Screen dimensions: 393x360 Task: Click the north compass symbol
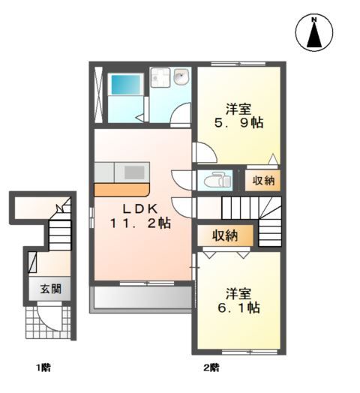pyautogui.click(x=315, y=33)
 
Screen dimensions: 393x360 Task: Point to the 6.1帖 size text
pyautogui.click(x=239, y=307)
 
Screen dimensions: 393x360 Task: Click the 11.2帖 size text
pyautogui.click(x=141, y=223)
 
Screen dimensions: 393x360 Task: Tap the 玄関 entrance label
pyautogui.click(x=51, y=289)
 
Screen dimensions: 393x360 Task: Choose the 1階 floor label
pyautogui.click(x=42, y=367)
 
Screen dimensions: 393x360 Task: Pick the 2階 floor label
pyautogui.click(x=212, y=367)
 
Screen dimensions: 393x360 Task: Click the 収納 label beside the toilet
pyautogui.click(x=262, y=180)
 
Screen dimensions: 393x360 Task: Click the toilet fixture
pyautogui.click(x=217, y=181)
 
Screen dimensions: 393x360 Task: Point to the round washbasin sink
pyautogui.click(x=181, y=78)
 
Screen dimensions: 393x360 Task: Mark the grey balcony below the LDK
pyautogui.click(x=141, y=298)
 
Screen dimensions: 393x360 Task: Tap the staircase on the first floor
pyautogui.click(x=58, y=228)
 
